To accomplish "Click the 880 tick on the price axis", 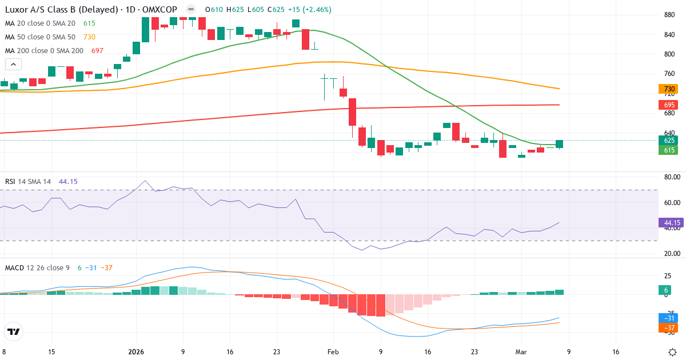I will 667,15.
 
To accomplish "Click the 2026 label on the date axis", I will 137,352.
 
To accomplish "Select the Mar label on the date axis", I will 521,352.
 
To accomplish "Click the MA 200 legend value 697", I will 97,51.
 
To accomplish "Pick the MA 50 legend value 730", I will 89,37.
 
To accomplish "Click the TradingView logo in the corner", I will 14,331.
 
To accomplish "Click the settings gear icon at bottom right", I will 673,352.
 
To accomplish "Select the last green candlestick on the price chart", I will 559,144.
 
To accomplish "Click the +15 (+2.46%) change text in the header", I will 309,10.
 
